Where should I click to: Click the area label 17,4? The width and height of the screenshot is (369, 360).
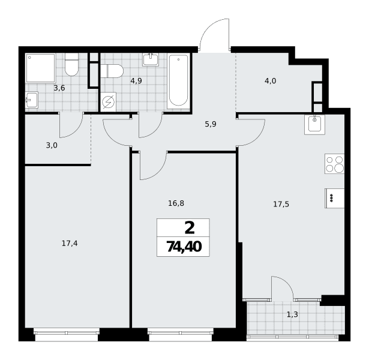[x=70, y=244]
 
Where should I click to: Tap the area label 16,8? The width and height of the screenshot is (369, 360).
[x=176, y=203]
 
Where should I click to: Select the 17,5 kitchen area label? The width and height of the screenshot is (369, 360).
[x=281, y=204]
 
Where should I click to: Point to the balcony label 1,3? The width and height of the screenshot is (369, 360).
[x=292, y=314]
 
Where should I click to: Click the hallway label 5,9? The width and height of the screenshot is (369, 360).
[x=211, y=124]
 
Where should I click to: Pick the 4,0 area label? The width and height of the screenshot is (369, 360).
[x=271, y=81]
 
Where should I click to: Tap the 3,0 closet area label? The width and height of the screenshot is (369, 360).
[x=52, y=145]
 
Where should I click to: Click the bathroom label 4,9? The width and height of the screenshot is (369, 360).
[x=136, y=81]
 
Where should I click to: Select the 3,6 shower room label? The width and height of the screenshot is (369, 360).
[x=59, y=88]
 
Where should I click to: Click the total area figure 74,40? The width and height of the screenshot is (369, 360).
[x=184, y=247]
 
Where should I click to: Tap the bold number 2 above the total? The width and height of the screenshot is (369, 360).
[x=190, y=228]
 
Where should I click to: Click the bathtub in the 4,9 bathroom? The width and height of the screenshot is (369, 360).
[x=178, y=81]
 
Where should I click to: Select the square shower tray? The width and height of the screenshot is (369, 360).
[x=41, y=68]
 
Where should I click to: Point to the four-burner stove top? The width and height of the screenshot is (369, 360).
[x=334, y=164]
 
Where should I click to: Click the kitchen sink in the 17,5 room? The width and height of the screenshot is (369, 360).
[x=314, y=125]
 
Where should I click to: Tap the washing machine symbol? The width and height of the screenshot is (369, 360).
[x=108, y=102]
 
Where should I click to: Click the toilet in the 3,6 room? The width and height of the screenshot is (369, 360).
[x=71, y=64]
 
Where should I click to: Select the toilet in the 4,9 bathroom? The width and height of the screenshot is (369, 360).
[x=112, y=71]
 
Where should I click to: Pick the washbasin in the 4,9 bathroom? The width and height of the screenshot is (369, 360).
[x=151, y=59]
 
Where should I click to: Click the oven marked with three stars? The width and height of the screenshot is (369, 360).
[x=334, y=199]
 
